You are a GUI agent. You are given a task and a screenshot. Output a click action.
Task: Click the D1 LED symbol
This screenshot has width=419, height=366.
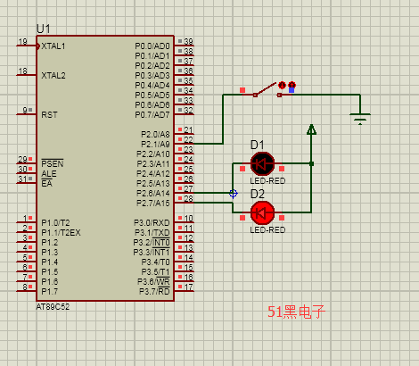click(262, 163)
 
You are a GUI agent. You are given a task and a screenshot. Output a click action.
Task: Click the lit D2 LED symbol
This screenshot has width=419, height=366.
click(262, 212)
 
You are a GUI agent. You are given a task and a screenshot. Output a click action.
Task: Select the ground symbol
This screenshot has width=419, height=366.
click(360, 119)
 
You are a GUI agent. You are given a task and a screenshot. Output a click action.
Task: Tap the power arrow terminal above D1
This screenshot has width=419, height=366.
click(311, 129)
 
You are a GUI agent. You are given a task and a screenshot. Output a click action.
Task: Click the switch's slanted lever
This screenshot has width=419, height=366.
click(266, 88)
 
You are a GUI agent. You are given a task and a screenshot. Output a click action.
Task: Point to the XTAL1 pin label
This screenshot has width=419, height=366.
click(53, 46)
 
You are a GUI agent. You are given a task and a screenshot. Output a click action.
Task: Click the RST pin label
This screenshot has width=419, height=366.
click(49, 115)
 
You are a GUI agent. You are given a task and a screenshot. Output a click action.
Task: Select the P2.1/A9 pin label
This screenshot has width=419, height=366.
click(155, 145)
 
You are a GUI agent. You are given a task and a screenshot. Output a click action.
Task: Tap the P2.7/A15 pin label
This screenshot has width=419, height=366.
click(153, 204)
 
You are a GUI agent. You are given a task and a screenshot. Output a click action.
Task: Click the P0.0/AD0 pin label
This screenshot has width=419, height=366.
click(152, 46)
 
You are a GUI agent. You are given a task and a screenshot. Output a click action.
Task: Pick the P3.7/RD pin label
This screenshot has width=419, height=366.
click(154, 291)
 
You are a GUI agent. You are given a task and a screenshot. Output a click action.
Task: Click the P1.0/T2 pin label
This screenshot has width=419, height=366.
click(55, 223)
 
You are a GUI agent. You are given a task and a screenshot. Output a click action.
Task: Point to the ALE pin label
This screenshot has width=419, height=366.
click(49, 174)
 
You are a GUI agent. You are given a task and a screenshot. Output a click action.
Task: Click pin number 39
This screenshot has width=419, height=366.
click(188, 41)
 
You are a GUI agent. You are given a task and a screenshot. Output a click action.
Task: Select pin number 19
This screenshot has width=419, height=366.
click(22, 41)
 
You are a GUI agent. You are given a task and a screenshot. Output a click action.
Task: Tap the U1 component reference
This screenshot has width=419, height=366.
click(44, 29)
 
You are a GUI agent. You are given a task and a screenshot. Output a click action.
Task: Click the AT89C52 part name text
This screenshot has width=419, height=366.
click(53, 307)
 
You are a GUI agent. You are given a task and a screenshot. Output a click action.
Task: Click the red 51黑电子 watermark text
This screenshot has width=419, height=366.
click(296, 312)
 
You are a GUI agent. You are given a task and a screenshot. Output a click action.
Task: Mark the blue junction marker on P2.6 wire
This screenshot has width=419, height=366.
click(234, 194)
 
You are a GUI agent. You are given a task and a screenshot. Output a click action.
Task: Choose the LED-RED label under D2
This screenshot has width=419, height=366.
click(267, 230)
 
